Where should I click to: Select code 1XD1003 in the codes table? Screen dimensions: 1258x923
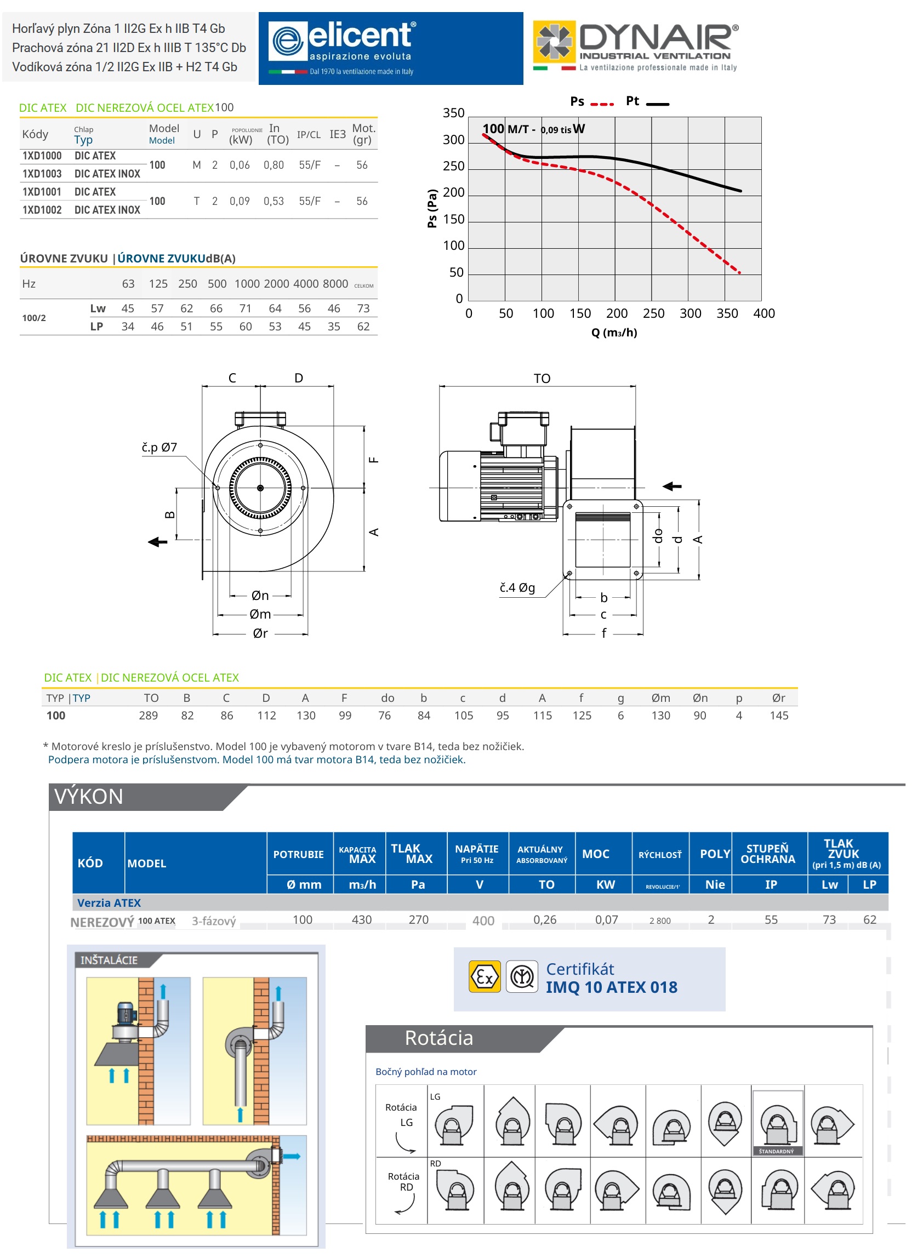[42, 174]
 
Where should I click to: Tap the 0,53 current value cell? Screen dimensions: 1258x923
[274, 201]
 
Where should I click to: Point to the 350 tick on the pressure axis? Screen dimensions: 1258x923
[454, 113]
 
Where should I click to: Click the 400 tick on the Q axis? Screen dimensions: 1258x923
[764, 313]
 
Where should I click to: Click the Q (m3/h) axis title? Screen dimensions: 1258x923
[614, 333]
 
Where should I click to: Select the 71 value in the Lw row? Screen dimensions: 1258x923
[246, 308]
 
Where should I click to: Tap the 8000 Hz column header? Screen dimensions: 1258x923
[335, 284]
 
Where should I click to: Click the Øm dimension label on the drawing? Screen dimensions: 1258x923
[260, 614]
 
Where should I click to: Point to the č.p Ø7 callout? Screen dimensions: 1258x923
[159, 447]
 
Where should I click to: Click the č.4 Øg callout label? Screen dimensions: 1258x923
[517, 587]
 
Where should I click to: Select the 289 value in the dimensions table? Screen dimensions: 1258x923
[149, 715]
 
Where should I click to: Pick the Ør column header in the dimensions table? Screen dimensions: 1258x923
[778, 698]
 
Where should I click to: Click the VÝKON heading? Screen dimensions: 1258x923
[89, 796]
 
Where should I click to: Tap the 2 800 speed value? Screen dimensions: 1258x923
[660, 920]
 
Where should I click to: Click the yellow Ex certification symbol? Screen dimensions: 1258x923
[485, 976]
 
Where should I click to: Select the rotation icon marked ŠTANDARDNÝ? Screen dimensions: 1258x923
[777, 1122]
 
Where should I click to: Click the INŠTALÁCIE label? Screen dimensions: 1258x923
[109, 960]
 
